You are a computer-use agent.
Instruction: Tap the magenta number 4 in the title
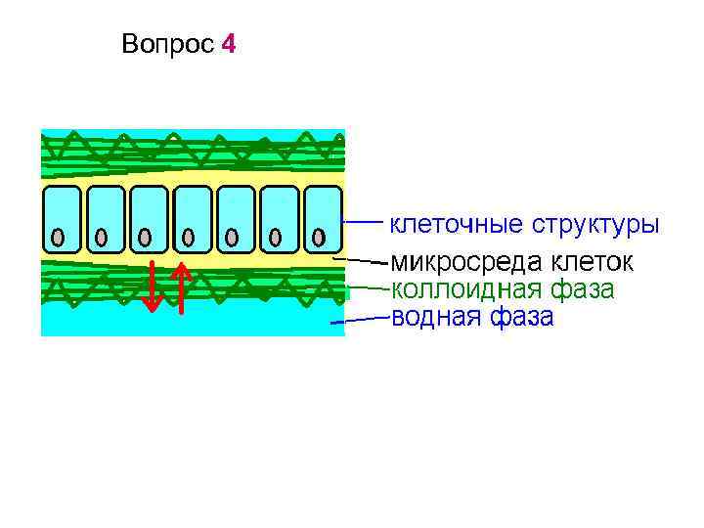coord(228,45)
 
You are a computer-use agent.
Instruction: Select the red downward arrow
coord(151,286)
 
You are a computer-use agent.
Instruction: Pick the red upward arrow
coord(181,288)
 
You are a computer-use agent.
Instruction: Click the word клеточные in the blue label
coord(456,225)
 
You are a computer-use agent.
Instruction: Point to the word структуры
coord(594,225)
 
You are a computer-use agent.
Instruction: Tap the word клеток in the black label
coord(591,262)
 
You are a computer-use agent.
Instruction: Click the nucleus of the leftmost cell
coord(59,237)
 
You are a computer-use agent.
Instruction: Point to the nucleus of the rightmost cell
coord(319,237)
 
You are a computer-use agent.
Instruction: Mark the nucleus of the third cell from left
coord(146,237)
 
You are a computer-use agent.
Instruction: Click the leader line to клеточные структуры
coord(362,222)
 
